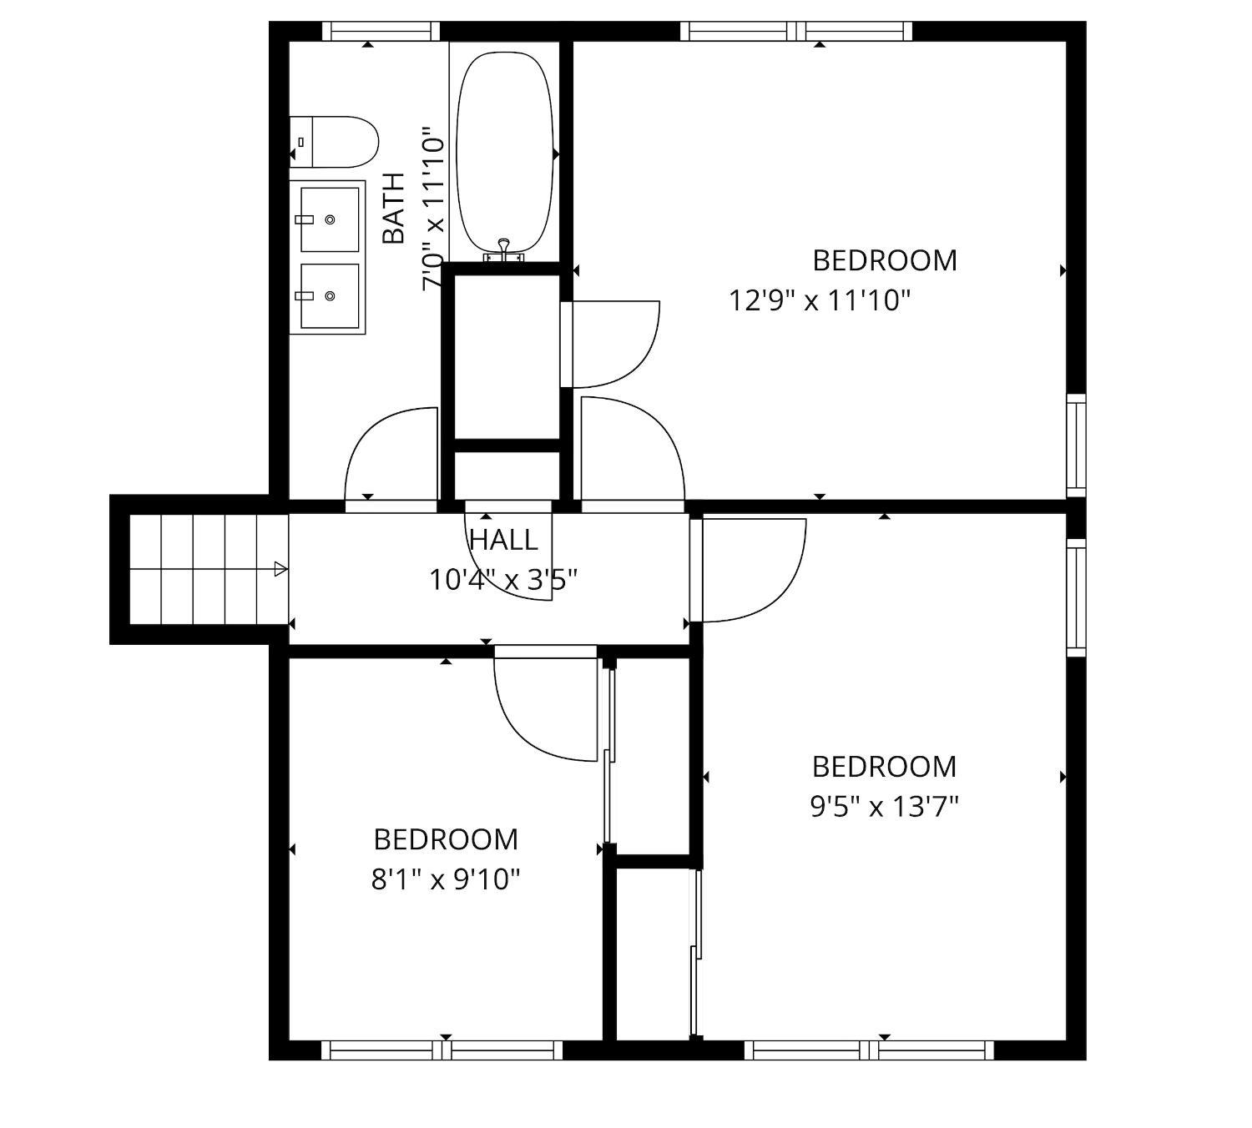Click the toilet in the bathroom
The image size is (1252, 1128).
click(x=334, y=142)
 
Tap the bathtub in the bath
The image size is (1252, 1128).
click(x=505, y=153)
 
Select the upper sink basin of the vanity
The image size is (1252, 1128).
click(x=330, y=219)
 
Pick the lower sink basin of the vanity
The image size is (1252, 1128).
click(x=330, y=295)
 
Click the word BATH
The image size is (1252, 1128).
click(x=394, y=209)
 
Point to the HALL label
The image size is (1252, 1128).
click(x=503, y=541)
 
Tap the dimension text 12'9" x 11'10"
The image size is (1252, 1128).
click(x=820, y=301)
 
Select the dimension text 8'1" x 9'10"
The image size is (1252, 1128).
click(x=446, y=880)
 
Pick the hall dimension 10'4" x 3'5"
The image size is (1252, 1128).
click(x=503, y=581)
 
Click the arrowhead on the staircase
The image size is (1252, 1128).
click(x=280, y=569)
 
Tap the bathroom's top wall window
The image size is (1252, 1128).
click(x=381, y=31)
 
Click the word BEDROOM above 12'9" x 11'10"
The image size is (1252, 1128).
click(x=885, y=261)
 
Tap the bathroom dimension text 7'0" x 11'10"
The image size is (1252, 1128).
click(x=434, y=209)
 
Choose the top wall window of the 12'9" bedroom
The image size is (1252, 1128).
click(x=796, y=31)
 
